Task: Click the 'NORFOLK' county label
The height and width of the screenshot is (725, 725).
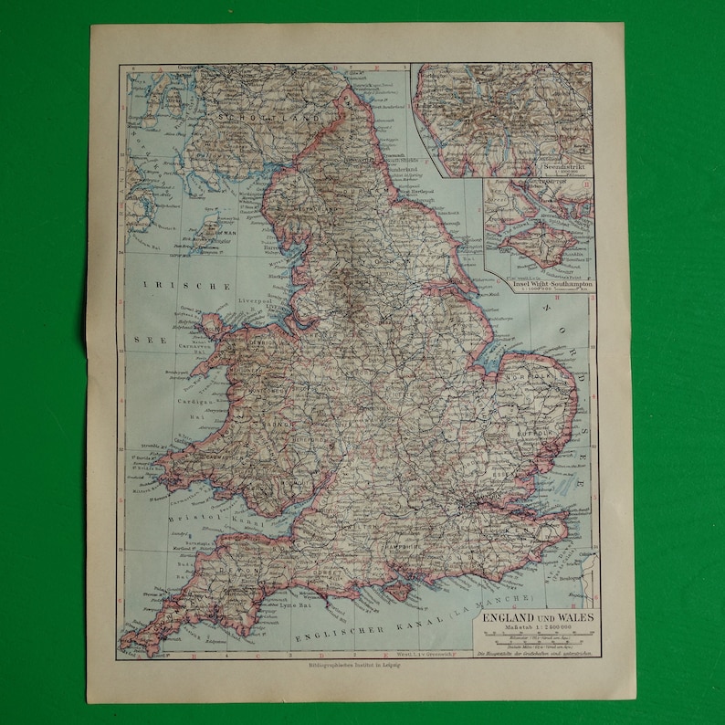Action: pyautogui.click(x=537, y=374)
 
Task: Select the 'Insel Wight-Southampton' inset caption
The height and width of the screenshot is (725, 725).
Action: pyautogui.click(x=539, y=286)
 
